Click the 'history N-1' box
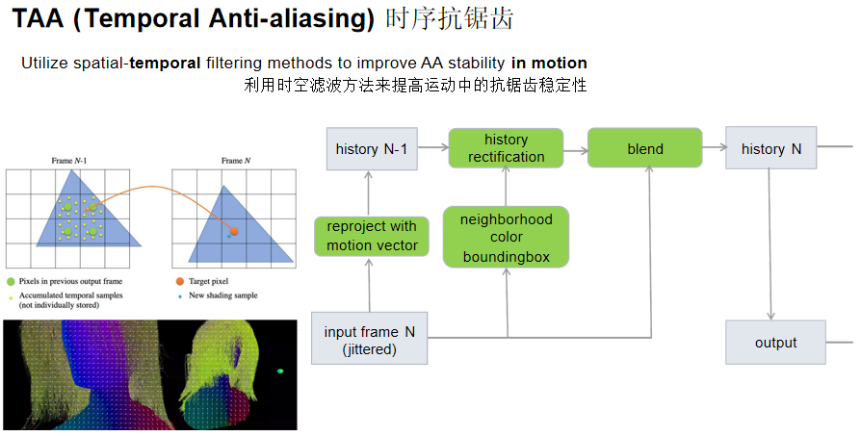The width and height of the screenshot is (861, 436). (371, 149)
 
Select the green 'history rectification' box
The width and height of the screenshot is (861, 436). (507, 148)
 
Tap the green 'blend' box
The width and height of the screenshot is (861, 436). (644, 148)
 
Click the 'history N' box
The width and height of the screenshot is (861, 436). (770, 148)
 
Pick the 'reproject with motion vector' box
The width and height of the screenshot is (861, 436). (372, 236)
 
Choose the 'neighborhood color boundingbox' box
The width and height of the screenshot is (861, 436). (507, 237)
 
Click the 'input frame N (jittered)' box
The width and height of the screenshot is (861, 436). (369, 341)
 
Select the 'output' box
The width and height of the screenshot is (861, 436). (775, 343)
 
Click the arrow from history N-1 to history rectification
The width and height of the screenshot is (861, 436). (434, 149)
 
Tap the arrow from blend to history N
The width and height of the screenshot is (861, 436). (713, 149)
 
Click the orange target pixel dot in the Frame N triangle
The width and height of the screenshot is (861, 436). (233, 231)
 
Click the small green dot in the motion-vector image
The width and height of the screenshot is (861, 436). (280, 371)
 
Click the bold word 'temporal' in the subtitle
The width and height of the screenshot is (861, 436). (166, 63)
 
